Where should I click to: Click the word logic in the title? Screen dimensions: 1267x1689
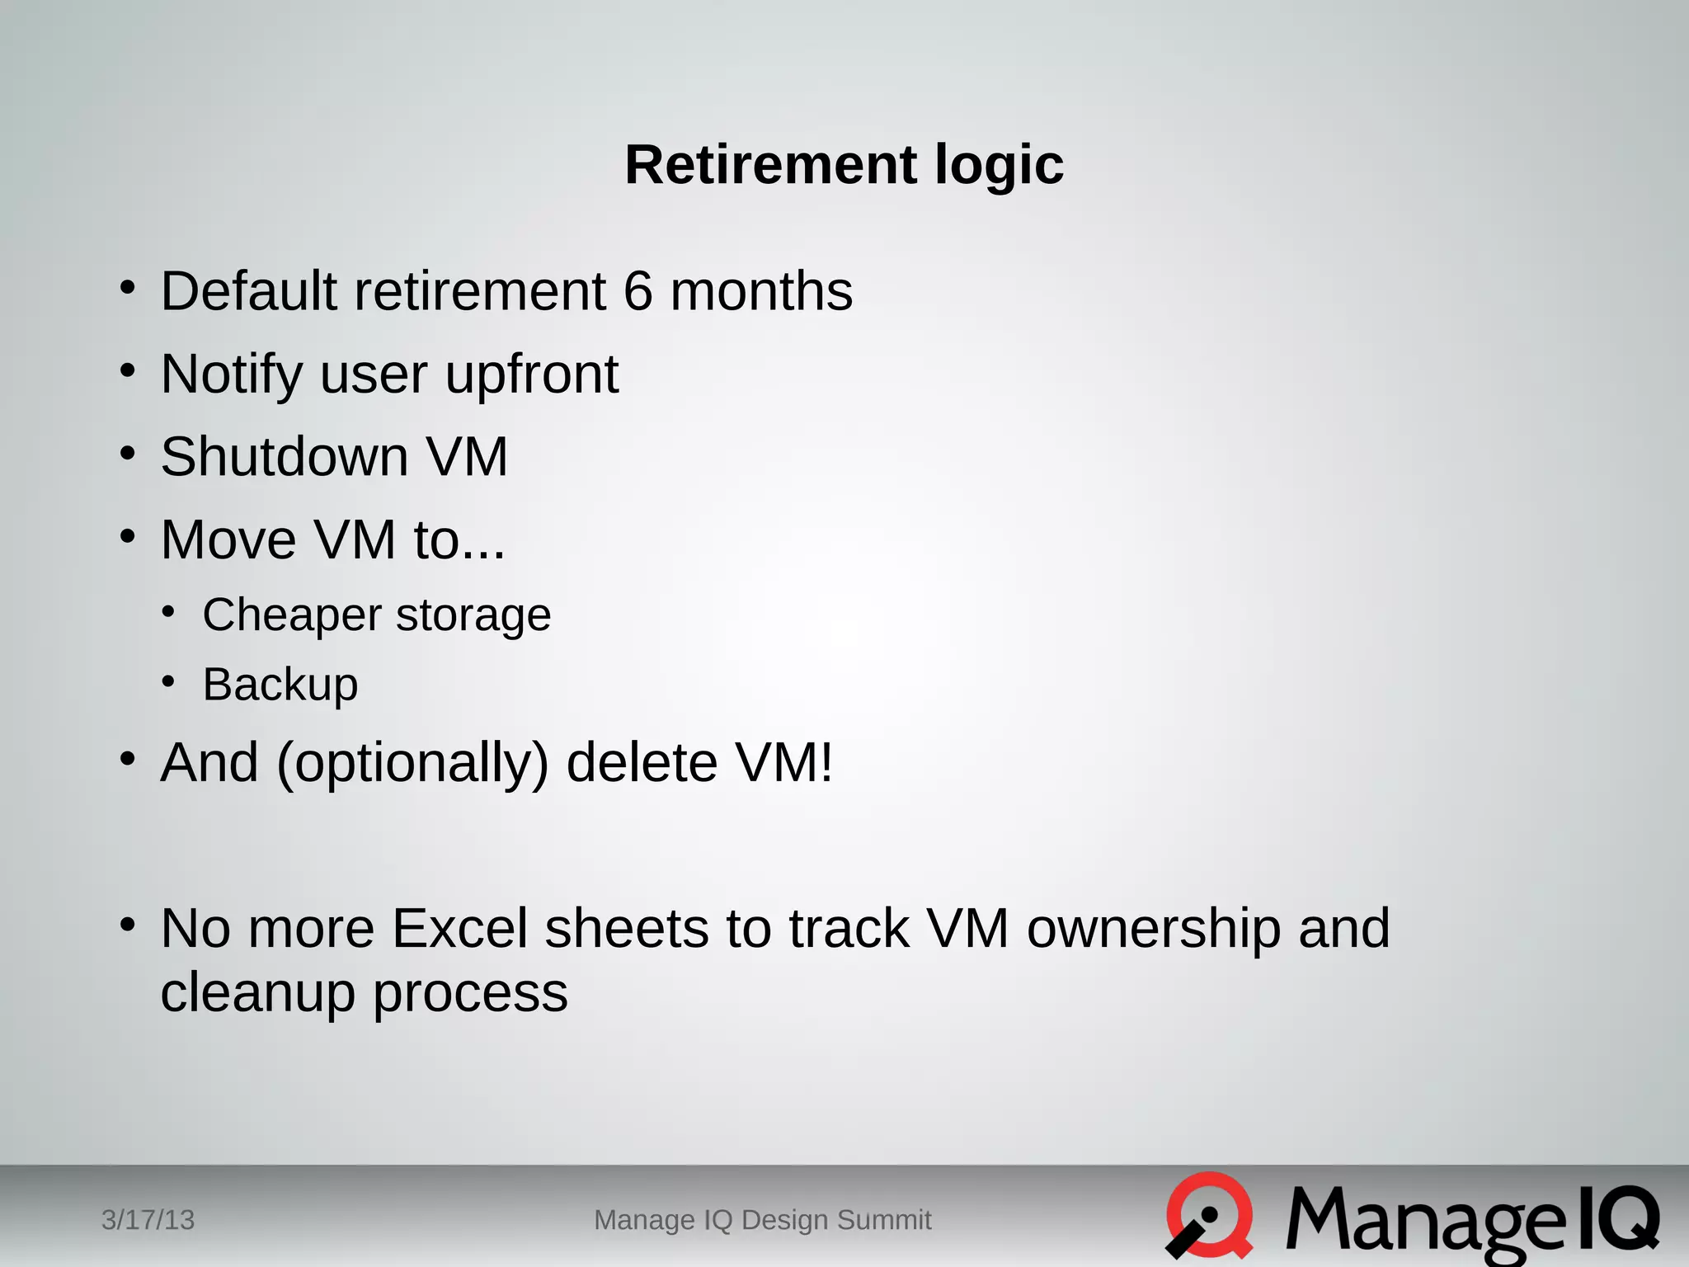[999, 166]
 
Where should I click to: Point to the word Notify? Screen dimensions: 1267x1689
[232, 375]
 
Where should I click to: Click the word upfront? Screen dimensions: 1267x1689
[532, 375]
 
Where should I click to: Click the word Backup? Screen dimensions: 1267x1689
[280, 685]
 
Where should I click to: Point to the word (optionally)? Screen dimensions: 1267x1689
[412, 763]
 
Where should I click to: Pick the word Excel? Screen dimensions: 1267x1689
[459, 928]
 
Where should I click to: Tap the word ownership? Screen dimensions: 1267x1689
[1153, 930]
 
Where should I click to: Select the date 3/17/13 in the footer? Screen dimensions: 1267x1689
[148, 1219]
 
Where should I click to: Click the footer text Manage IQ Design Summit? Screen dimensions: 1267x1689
[762, 1219]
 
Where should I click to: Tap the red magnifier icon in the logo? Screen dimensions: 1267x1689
[1209, 1215]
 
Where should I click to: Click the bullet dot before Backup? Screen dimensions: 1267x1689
[168, 682]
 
